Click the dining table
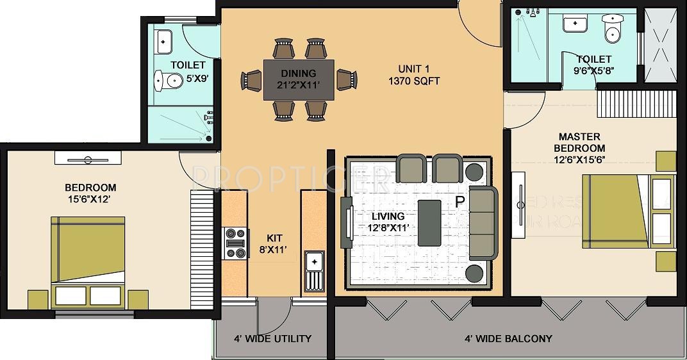[299, 79]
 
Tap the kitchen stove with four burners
[235, 243]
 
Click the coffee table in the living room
[429, 222]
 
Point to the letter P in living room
[459, 202]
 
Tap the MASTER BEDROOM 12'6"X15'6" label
[579, 148]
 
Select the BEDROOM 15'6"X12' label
[90, 193]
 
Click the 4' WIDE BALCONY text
[508, 338]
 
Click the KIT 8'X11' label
[267, 243]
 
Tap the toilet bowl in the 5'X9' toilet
[167, 81]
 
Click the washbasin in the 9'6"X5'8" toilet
[575, 24]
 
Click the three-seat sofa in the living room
[483, 222]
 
